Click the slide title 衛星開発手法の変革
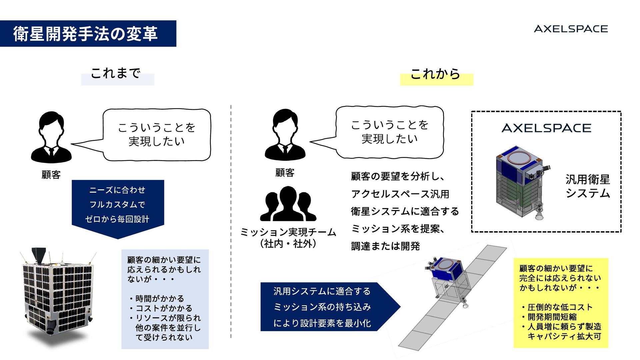(85, 34)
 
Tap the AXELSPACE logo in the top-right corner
(571, 29)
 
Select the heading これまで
(115, 73)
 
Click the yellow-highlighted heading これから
(435, 74)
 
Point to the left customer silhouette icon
(51, 137)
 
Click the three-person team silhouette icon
(288, 204)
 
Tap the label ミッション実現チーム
(288, 232)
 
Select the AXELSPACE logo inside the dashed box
(546, 128)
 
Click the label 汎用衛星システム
(588, 186)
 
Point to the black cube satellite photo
(58, 293)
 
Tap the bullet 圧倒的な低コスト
(560, 307)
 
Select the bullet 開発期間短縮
(552, 317)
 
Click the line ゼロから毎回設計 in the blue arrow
(117, 219)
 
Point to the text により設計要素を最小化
(322, 323)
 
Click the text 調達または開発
(385, 246)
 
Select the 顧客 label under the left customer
(51, 175)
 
